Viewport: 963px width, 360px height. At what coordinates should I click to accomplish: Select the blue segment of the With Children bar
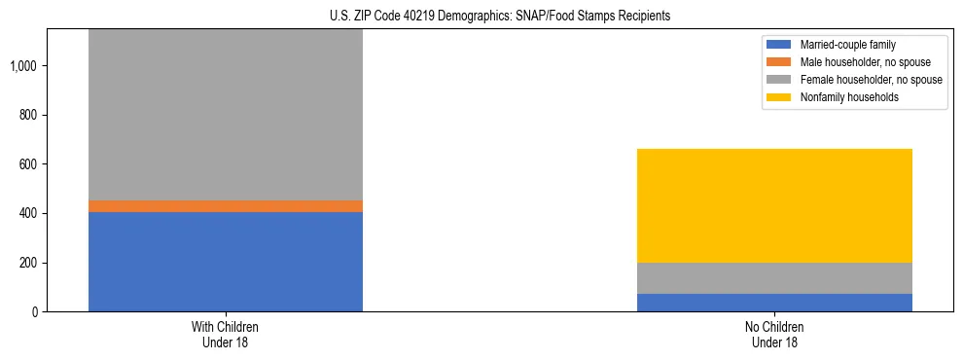226,262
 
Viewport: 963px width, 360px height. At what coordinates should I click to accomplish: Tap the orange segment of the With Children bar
226,206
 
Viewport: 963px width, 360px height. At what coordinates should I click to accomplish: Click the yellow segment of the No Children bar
774,205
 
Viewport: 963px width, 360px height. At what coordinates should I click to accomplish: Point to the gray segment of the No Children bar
774,278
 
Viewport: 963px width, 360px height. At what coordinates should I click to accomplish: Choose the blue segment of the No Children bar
774,303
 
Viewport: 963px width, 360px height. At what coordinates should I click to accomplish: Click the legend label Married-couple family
848,45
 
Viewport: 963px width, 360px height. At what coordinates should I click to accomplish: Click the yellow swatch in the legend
779,97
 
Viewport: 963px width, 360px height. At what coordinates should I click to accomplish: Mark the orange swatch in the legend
779,62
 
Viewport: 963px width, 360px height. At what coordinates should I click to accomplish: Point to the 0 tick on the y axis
34,312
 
